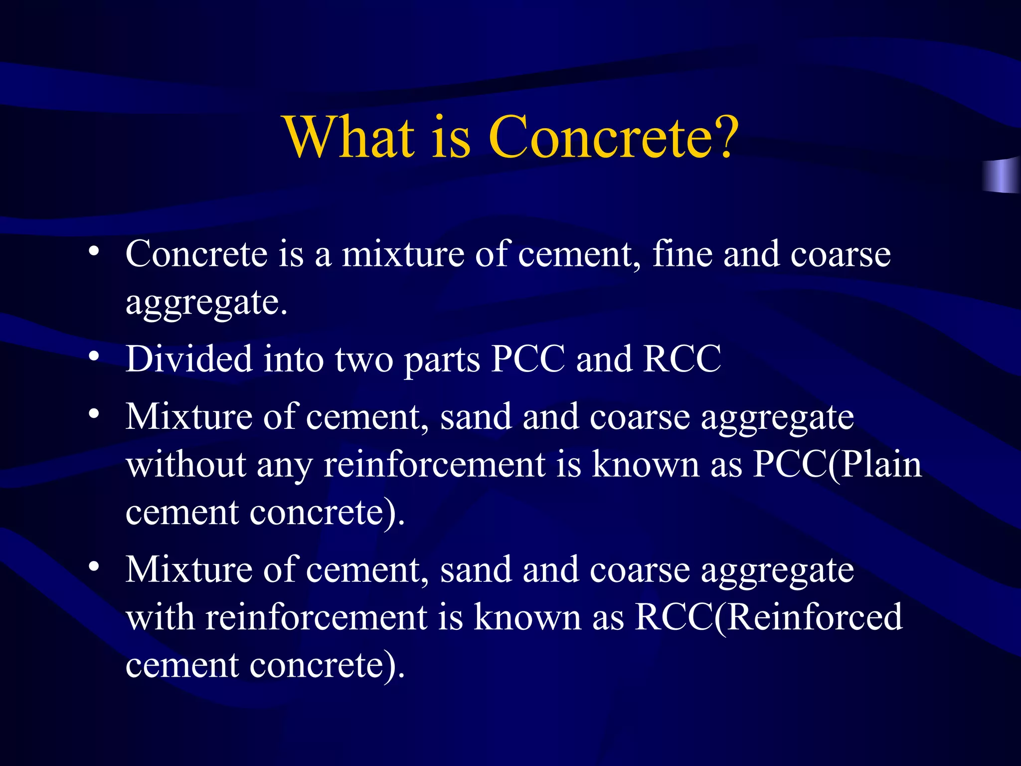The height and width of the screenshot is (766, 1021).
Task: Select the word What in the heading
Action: pyautogui.click(x=349, y=137)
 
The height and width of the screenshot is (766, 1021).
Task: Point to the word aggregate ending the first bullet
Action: pyautogui.click(x=206, y=303)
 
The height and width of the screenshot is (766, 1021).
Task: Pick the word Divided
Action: pyautogui.click(x=189, y=359)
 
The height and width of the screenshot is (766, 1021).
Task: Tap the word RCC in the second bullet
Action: pyautogui.click(x=682, y=359)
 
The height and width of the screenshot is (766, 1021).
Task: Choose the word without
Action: pyautogui.click(x=186, y=465)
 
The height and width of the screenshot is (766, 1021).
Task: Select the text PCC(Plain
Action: pyautogui.click(x=837, y=465)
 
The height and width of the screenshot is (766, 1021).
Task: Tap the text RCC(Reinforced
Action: pyautogui.click(x=768, y=617)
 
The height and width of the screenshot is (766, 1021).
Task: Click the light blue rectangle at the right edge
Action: pyautogui.click(x=1002, y=176)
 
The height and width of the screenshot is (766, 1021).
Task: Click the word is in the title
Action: pyautogui.click(x=451, y=137)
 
